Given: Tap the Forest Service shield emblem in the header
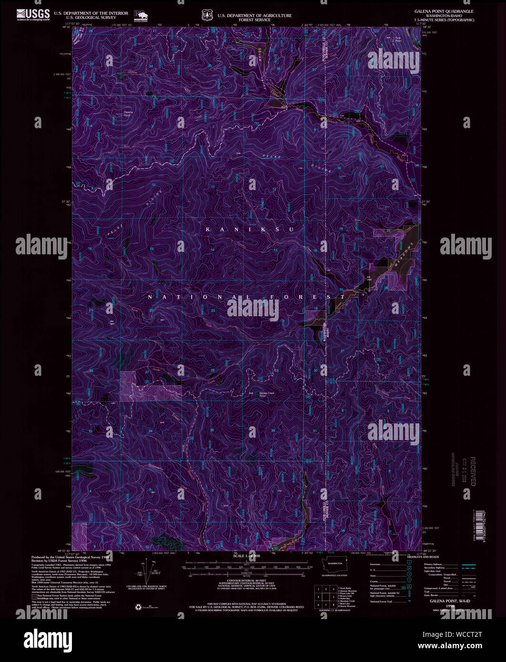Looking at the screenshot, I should pyautogui.click(x=206, y=16).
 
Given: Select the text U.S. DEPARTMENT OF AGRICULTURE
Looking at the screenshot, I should pyautogui.click(x=254, y=15).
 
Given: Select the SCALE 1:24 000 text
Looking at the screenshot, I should pyautogui.click(x=247, y=556).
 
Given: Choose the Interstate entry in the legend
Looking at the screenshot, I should pyautogui.click(x=376, y=564).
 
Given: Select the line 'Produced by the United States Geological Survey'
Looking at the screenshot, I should pyautogui.click(x=70, y=557).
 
